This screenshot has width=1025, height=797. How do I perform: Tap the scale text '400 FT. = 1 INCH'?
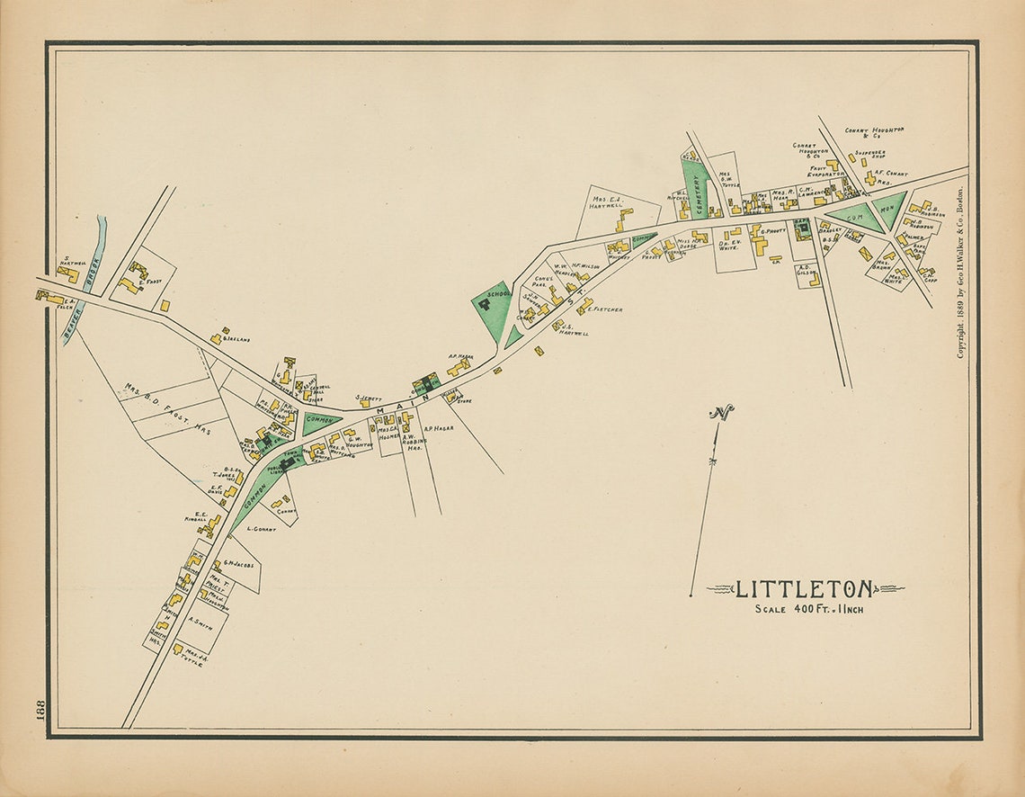click(x=809, y=610)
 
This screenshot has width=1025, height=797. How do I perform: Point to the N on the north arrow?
click(x=719, y=414)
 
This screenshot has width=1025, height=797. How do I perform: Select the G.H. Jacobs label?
click(x=239, y=565)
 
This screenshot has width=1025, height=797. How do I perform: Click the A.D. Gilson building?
click(x=814, y=280)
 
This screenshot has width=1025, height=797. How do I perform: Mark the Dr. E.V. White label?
click(x=729, y=246)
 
